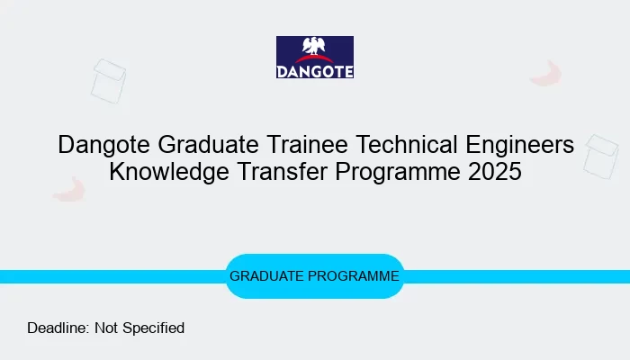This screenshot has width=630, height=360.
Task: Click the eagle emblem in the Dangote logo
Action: pyautogui.click(x=315, y=49)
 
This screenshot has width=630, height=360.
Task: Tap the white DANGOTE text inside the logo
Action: pyautogui.click(x=315, y=69)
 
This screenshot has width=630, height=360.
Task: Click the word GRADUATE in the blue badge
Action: pyautogui.click(x=266, y=276)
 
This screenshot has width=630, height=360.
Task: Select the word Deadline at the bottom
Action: pyautogui.click(x=58, y=328)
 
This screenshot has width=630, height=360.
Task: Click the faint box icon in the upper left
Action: pyautogui.click(x=107, y=79)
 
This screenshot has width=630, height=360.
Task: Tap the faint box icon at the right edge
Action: pyautogui.click(x=600, y=155)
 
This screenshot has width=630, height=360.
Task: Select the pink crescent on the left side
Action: pyautogui.click(x=68, y=189)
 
